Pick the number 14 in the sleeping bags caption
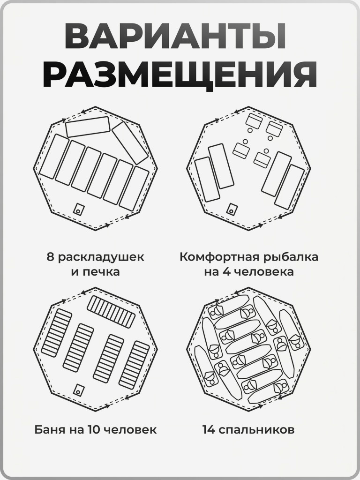click(x=209, y=429)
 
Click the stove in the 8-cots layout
click(x=79, y=208)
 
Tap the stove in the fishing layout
click(x=231, y=210)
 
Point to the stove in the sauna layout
click(x=78, y=389)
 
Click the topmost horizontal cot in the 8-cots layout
click(x=88, y=127)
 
